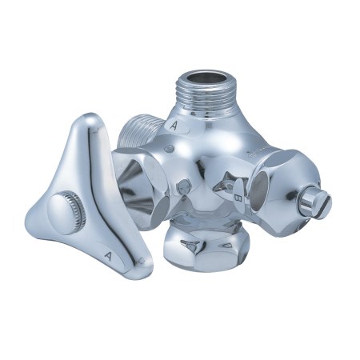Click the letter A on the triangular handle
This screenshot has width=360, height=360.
point(108,256)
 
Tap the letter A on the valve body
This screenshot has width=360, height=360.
point(174,126)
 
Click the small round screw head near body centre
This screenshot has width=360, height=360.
point(183,186)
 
